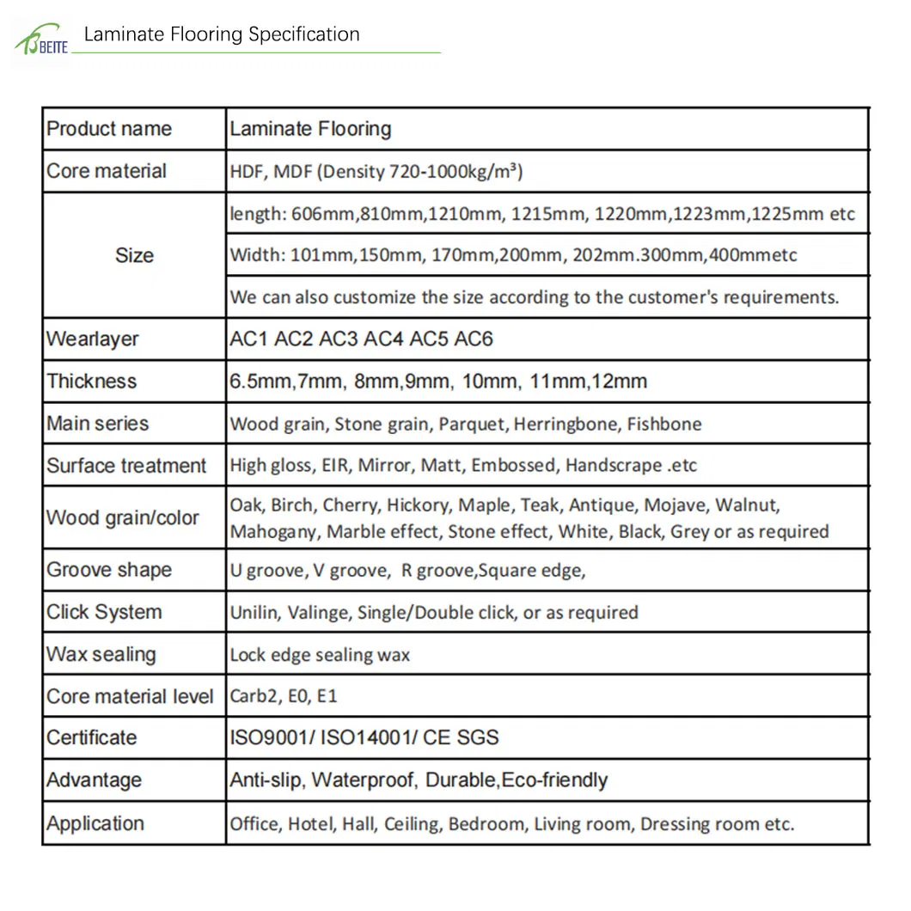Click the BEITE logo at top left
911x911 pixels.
click(40, 41)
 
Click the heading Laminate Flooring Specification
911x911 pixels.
click(222, 34)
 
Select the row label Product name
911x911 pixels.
click(109, 129)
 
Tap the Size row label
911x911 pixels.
click(134, 255)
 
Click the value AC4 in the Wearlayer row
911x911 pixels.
click(383, 339)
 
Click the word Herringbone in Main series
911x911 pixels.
click(577, 424)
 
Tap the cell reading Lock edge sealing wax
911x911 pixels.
click(320, 655)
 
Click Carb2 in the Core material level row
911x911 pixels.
click(254, 696)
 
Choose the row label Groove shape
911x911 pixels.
click(109, 570)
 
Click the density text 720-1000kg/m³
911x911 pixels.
click(455, 171)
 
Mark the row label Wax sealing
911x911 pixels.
click(101, 654)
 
